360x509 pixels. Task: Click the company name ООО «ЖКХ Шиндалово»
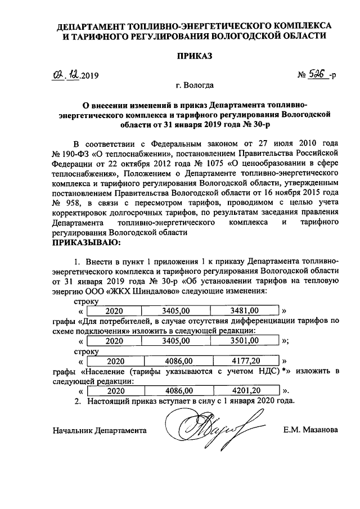coord(118,291)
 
